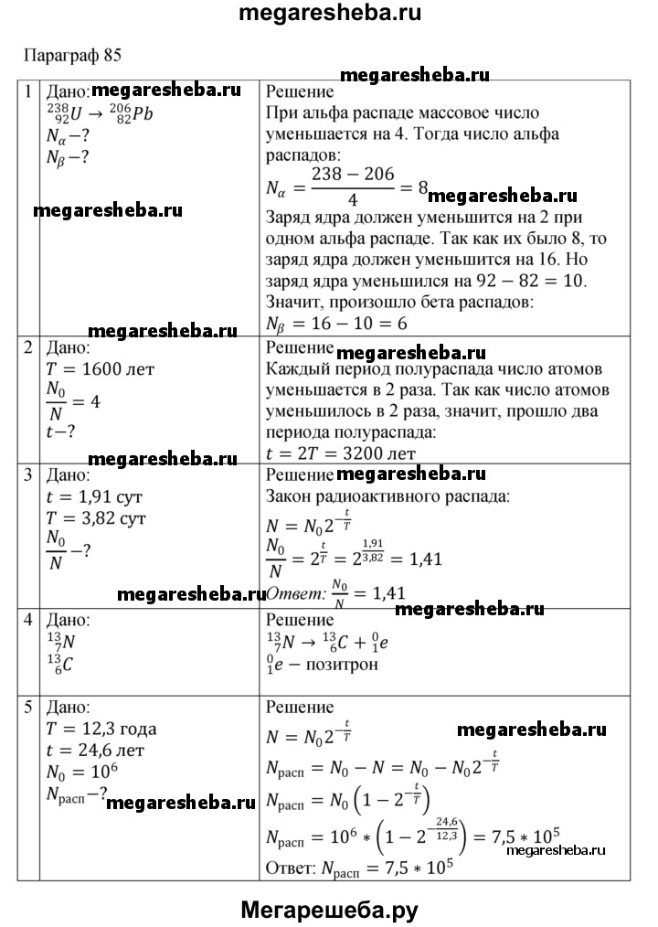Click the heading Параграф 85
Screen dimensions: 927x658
pos(72,53)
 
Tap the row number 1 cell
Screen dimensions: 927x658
pos(28,91)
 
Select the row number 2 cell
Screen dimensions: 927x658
pos(28,347)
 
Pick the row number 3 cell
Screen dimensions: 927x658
pos(28,475)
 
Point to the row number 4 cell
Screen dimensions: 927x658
pos(28,618)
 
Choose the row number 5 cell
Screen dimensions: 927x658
pos(28,707)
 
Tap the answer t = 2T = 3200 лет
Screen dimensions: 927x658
pos(340,452)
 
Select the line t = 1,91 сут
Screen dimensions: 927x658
pos(96,497)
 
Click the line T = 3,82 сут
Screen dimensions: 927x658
pos(98,518)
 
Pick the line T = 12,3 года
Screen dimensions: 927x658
pos(101,729)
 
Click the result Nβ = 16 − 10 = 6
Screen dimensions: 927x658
pos(335,324)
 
